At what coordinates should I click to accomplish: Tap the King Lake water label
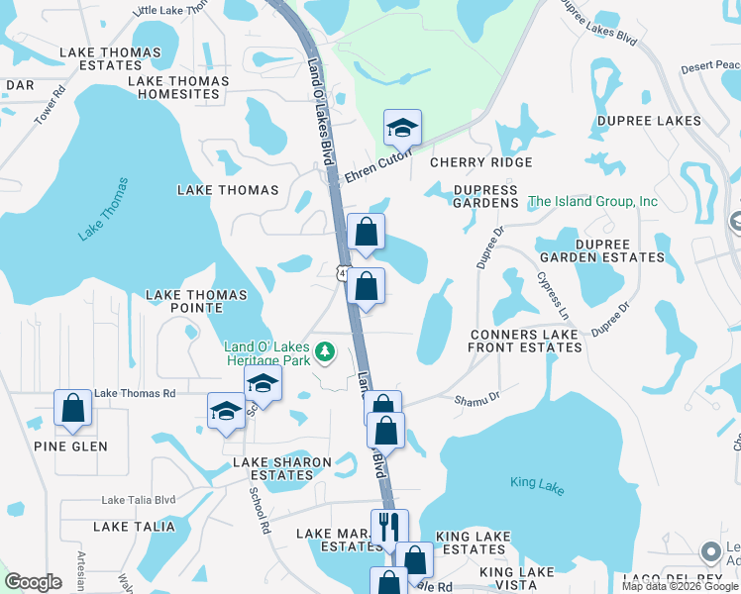[537, 483]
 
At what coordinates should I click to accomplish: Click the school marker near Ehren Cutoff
[402, 129]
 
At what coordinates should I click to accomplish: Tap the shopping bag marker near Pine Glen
[73, 408]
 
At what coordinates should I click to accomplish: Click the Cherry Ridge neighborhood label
[480, 162]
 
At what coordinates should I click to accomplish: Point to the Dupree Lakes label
[649, 121]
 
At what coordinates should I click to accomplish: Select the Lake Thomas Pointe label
[196, 301]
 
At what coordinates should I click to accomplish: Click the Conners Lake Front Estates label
[523, 341]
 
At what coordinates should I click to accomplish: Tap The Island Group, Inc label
[592, 201]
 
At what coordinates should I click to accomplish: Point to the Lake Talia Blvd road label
[138, 501]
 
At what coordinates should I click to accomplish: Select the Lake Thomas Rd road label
[135, 393]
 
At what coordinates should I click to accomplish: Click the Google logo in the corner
[33, 582]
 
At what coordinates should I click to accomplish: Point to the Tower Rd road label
[50, 105]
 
